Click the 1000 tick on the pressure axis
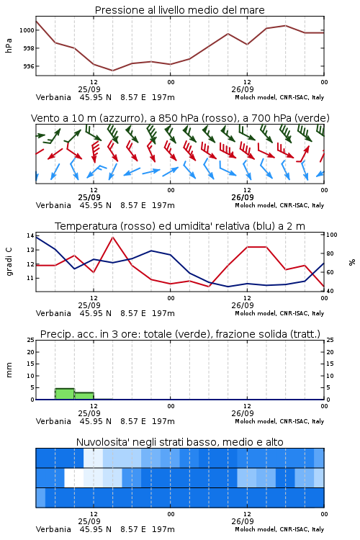coord(27,30)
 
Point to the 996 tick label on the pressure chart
coord(29,66)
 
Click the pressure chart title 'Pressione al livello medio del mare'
coord(180,10)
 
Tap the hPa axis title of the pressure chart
coord(9,45)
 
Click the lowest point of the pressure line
coord(112,71)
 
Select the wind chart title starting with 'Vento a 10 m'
coord(180,118)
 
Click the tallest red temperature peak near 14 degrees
coord(113,237)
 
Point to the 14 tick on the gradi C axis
coord(30,235)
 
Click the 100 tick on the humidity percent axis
coord(332,235)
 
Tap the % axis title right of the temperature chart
coord(352,262)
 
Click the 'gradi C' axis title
coord(9,261)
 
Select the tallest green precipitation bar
coord(65,394)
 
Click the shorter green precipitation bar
coord(84,396)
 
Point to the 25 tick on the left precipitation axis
coord(31,340)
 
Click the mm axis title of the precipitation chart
coord(9,370)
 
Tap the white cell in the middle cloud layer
coord(74,477)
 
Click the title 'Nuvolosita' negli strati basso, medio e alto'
coord(180,442)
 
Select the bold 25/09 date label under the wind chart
coord(89,198)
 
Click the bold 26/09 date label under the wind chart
coord(243,198)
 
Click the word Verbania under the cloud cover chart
coord(53,529)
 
